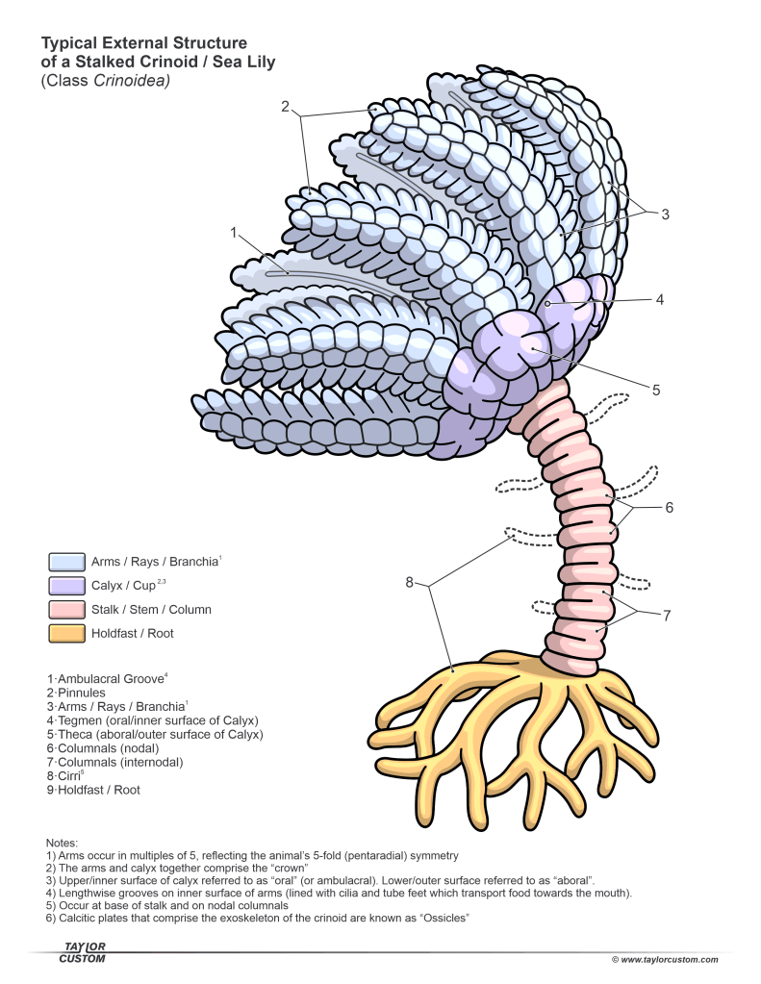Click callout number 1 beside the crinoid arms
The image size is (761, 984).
(233, 232)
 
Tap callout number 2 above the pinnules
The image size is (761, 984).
(286, 107)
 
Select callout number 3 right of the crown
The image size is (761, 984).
(664, 214)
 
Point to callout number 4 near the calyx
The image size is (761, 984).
(659, 299)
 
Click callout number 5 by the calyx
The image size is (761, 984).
(655, 391)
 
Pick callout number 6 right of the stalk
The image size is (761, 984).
(669, 508)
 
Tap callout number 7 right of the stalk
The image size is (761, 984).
(666, 615)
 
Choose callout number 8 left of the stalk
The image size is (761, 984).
(408, 581)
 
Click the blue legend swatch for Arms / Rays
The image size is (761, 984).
(65, 561)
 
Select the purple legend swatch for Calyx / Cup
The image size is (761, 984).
(65, 585)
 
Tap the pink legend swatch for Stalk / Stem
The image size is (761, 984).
(65, 609)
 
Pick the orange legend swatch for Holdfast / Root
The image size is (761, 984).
(65, 633)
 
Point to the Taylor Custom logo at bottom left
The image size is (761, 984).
(82, 953)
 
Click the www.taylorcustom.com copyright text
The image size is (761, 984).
(665, 959)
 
